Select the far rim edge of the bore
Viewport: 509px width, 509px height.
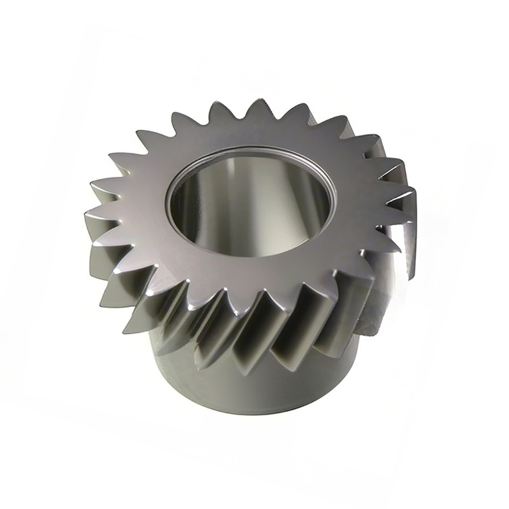pyautogui.click(x=254, y=150)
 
